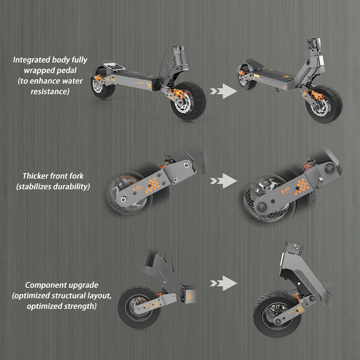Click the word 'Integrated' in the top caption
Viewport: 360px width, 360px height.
31,60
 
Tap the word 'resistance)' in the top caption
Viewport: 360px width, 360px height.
50,91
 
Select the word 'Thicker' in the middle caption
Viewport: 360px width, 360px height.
35,176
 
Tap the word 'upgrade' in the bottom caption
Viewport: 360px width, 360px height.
85,285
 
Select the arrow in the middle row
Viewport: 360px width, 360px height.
223,180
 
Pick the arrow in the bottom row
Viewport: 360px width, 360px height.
223,283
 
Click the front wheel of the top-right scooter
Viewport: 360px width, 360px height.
324,104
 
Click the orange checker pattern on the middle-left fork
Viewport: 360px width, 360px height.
153,184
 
